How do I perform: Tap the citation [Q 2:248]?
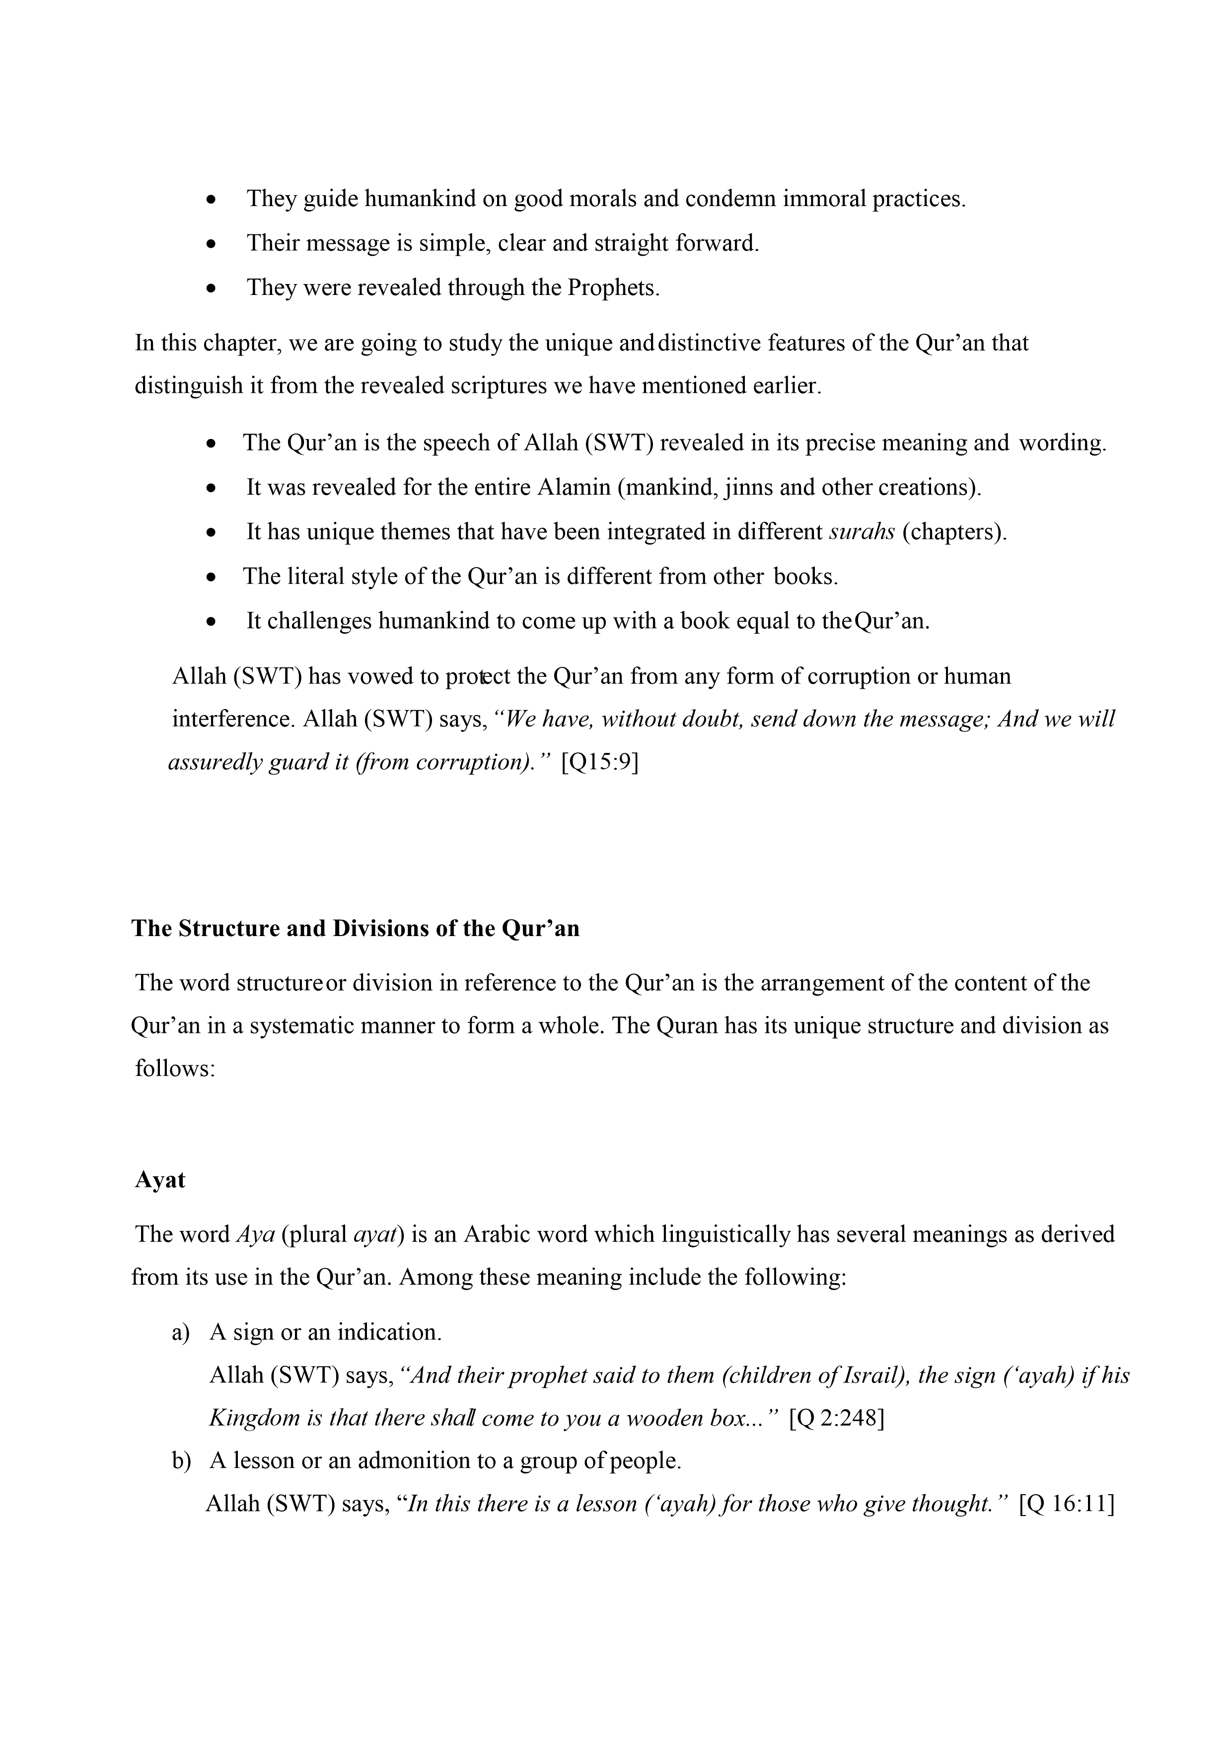pyautogui.click(x=837, y=1418)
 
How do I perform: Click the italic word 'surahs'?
pyautogui.click(x=862, y=532)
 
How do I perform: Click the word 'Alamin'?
pyautogui.click(x=574, y=487)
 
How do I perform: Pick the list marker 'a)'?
pyautogui.click(x=181, y=1333)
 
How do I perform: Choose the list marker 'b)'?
pyautogui.click(x=181, y=1461)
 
